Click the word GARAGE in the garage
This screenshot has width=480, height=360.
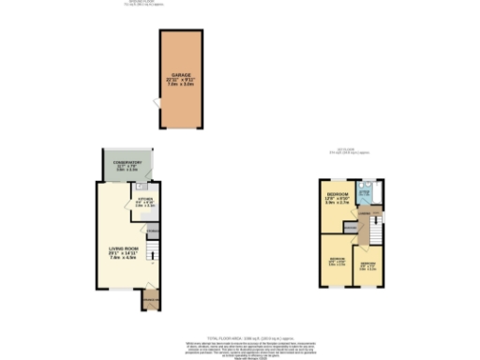click(181, 74)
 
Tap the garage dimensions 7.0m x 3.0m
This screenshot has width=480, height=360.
click(181, 83)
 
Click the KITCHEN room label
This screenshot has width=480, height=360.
click(144, 200)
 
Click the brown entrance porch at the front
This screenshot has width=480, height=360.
click(148, 301)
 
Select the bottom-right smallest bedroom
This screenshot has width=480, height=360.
click(367, 266)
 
